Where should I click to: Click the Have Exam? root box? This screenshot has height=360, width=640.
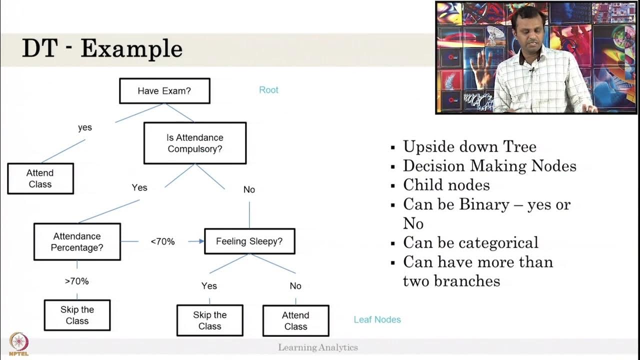[x=164, y=91]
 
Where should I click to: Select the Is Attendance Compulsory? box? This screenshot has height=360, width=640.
[x=195, y=143]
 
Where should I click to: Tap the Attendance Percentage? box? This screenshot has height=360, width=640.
[x=77, y=242]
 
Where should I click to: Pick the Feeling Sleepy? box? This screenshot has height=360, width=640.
[x=249, y=241]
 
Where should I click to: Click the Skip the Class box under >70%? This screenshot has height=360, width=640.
[x=77, y=315]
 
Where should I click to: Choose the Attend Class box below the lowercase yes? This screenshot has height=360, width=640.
[x=40, y=178]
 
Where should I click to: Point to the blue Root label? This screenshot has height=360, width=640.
[x=268, y=90]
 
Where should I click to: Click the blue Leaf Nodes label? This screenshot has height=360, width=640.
[x=377, y=319]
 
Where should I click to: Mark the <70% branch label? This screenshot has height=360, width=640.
[x=162, y=242]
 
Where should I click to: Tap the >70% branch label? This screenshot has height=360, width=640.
[x=76, y=281]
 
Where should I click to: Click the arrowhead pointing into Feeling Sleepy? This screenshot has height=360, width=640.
[x=201, y=241]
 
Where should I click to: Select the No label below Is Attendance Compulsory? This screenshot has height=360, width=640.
[x=249, y=189]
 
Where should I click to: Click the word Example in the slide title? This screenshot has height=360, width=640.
[x=131, y=48]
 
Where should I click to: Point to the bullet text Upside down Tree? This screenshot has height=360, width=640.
[x=469, y=146]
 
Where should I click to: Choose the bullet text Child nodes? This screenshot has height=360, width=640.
[x=446, y=185]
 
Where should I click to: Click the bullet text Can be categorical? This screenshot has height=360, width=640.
[x=470, y=242]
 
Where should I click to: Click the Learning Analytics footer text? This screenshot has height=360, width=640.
[x=318, y=347]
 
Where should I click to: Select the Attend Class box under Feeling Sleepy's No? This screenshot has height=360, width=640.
[x=295, y=321]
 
